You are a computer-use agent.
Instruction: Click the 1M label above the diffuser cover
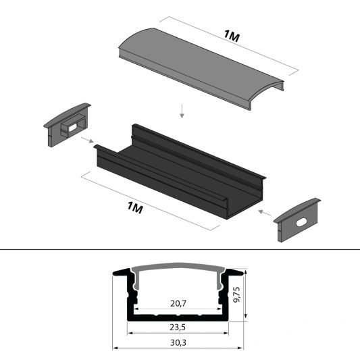tap(230, 37)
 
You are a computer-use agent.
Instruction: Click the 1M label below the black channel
tap(135, 207)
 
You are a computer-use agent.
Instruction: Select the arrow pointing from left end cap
tap(87, 140)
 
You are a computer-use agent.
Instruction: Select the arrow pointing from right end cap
tap(263, 212)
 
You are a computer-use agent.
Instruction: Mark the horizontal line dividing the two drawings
tap(180, 251)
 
